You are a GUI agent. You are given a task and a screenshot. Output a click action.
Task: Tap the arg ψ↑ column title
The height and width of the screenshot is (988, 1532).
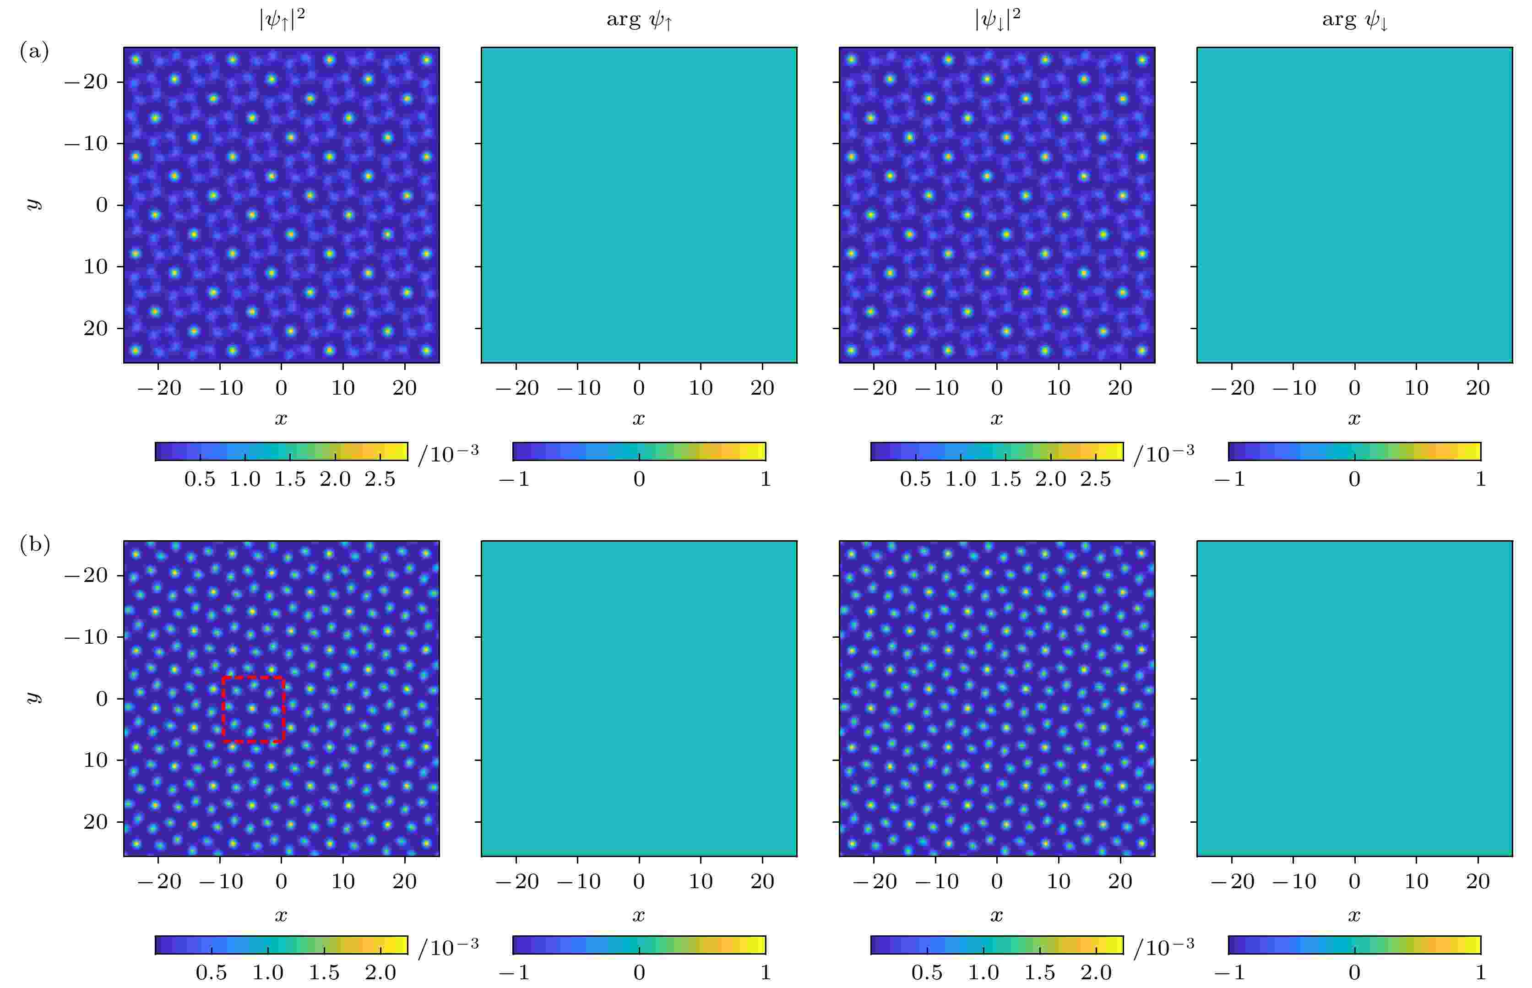(x=639, y=21)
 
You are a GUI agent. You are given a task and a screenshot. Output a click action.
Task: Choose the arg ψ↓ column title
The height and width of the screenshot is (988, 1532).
(x=1354, y=21)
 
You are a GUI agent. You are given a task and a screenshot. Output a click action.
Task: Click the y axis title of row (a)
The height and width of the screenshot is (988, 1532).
(x=33, y=204)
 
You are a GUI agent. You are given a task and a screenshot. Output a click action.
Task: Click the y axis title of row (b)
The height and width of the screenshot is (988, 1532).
(x=33, y=697)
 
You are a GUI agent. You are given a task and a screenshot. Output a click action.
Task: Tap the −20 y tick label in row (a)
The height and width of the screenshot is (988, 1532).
(x=86, y=82)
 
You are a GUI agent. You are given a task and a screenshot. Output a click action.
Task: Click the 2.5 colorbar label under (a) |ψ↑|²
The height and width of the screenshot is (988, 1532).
(x=380, y=479)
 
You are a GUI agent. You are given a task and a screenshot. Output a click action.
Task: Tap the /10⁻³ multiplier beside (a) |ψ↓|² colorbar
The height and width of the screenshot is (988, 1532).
(x=1163, y=454)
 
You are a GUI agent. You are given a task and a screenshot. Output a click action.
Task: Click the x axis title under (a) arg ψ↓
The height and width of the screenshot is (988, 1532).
(x=1354, y=419)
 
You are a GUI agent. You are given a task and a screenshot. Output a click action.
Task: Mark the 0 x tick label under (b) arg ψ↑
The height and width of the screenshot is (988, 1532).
(x=639, y=881)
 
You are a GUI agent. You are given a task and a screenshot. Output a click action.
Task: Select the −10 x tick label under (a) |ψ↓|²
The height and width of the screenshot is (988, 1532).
(x=937, y=388)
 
